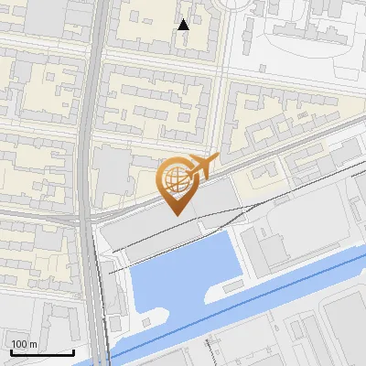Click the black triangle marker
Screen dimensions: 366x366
(184, 24)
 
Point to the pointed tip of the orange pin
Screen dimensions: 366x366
(178, 214)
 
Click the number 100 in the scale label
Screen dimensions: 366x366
(20, 344)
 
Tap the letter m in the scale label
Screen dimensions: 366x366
(34, 344)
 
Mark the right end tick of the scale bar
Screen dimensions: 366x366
(73, 351)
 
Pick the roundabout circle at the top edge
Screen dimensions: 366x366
(243, 4)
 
